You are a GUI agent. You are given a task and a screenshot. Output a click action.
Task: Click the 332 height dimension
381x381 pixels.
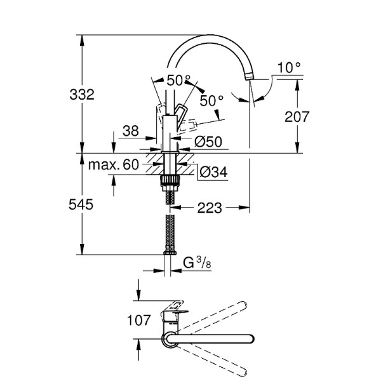[82, 95]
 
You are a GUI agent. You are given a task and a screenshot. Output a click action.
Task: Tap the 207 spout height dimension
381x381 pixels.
[296, 117]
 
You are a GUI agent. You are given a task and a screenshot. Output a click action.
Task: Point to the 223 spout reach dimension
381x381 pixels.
[209, 208]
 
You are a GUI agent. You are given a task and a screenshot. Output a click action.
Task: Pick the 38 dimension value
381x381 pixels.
[130, 131]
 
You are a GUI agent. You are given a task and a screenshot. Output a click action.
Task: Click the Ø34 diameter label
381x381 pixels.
[213, 171]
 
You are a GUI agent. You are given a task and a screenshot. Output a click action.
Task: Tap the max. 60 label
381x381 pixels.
[113, 165]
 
